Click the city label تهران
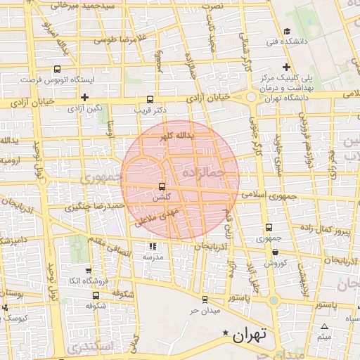250,335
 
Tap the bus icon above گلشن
162,187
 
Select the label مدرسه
153,257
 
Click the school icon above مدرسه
153,247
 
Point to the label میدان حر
205,309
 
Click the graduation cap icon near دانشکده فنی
288,32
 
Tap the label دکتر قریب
149,110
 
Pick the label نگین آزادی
84,109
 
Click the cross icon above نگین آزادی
85,98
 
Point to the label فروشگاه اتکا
86,281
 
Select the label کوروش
274,262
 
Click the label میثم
323,337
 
